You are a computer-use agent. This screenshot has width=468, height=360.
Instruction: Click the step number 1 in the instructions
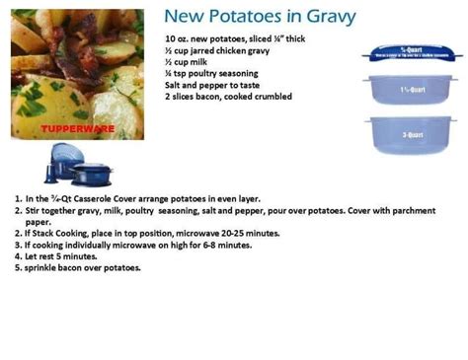click(18, 198)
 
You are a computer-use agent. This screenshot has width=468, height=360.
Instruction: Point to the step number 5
click(18, 267)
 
